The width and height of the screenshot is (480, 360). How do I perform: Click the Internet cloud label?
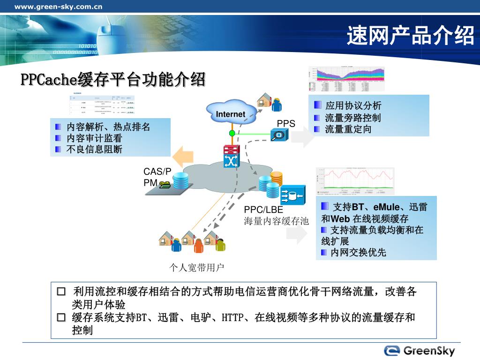click(x=231, y=114)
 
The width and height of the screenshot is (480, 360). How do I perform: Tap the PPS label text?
click(x=286, y=124)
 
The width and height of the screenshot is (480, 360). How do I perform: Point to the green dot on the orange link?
click(x=232, y=134)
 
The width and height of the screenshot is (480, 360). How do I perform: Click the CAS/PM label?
click(x=157, y=177)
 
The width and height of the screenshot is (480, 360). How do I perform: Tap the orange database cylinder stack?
click(x=277, y=179)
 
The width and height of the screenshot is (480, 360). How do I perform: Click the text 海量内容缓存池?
click(x=276, y=221)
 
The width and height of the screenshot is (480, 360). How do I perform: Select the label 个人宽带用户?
click(x=197, y=268)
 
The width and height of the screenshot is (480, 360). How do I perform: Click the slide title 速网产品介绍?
click(x=411, y=36)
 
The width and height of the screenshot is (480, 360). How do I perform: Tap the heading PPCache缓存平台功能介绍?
click(x=113, y=80)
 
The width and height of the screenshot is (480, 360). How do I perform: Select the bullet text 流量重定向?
click(x=348, y=129)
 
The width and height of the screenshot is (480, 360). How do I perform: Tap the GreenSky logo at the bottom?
click(x=419, y=351)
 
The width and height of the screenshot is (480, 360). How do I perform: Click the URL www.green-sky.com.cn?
click(x=59, y=7)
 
